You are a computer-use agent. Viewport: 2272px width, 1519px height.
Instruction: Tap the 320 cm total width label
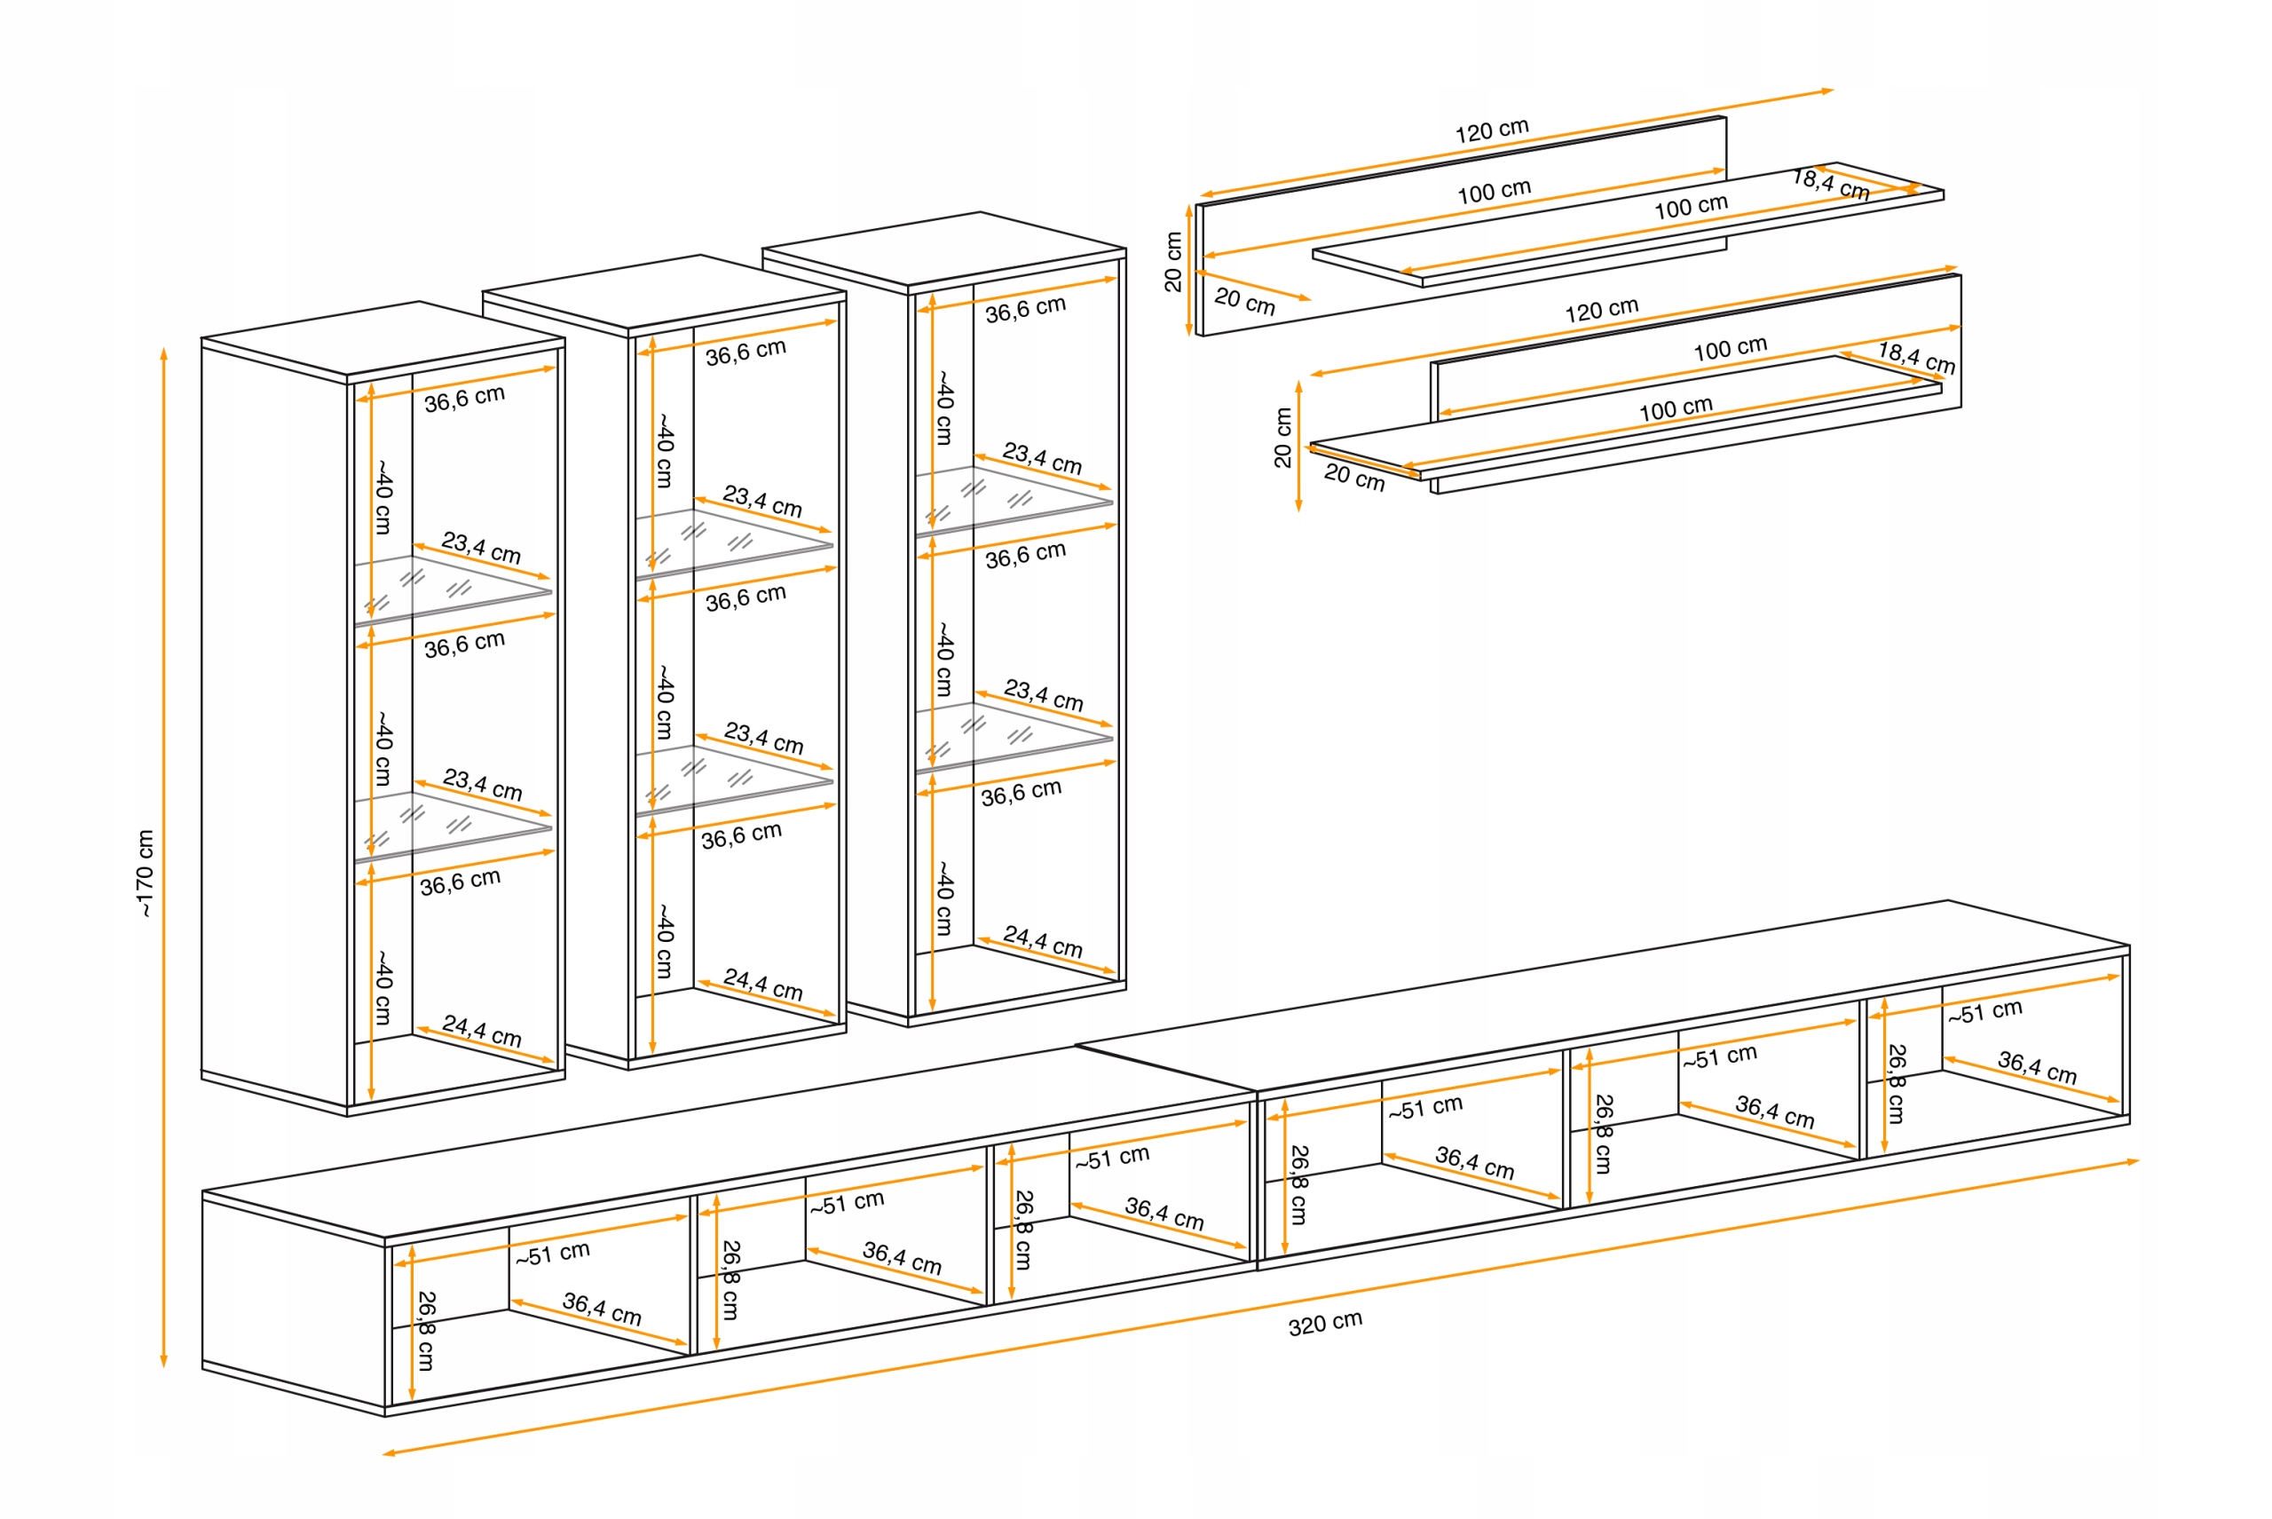pyautogui.click(x=1324, y=1322)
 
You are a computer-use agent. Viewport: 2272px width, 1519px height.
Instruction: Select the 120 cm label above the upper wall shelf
pyautogui.click(x=1491, y=130)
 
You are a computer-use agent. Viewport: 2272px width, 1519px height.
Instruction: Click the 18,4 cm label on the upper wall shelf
pyautogui.click(x=1829, y=183)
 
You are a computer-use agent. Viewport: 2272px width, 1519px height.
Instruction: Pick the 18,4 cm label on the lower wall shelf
pyautogui.click(x=1915, y=357)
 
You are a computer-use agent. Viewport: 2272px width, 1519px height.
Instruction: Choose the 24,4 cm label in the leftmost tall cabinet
pyautogui.click(x=481, y=1030)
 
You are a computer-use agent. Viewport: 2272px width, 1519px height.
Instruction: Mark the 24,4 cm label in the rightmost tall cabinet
pyautogui.click(x=1042, y=941)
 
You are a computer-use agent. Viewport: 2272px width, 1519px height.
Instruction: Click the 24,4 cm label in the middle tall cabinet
pyautogui.click(x=762, y=985)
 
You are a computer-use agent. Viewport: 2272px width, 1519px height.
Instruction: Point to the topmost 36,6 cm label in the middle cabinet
pyautogui.click(x=745, y=352)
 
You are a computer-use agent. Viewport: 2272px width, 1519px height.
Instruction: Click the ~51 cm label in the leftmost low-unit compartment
pyautogui.click(x=552, y=1254)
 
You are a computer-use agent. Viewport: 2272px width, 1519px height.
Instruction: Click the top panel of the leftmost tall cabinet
pyautogui.click(x=383, y=337)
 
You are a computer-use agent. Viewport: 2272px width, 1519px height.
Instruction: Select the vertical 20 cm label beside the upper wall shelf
pyautogui.click(x=1172, y=262)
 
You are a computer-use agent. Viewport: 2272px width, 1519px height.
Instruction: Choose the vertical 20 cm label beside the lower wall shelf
pyautogui.click(x=1282, y=438)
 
